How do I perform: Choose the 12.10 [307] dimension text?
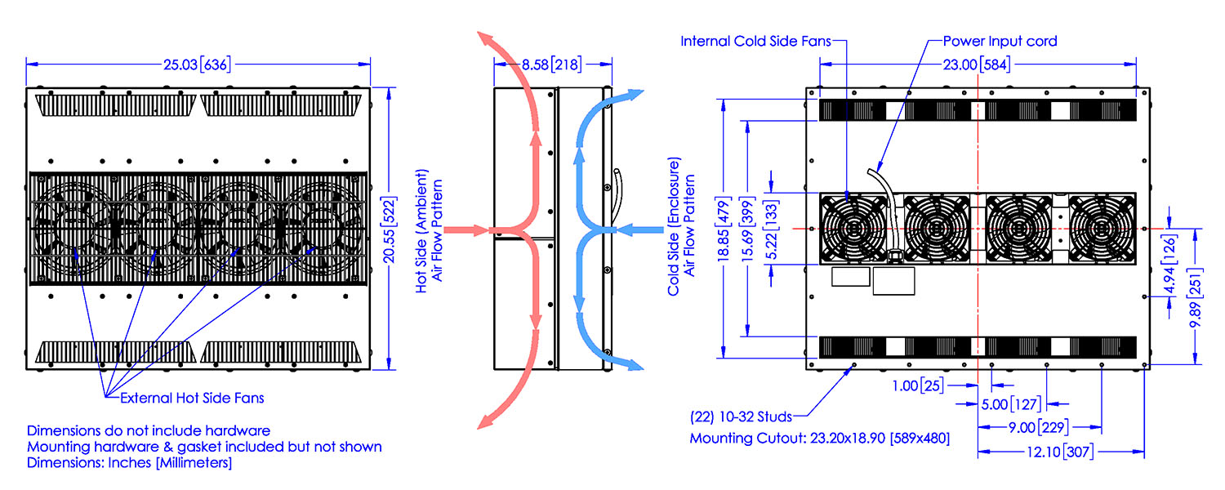click(1060, 452)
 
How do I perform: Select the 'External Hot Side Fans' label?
click(192, 399)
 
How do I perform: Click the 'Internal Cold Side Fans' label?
click(755, 41)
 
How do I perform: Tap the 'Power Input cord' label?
click(1000, 41)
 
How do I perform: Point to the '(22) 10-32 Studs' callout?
click(741, 417)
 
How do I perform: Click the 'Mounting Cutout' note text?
click(820, 439)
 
